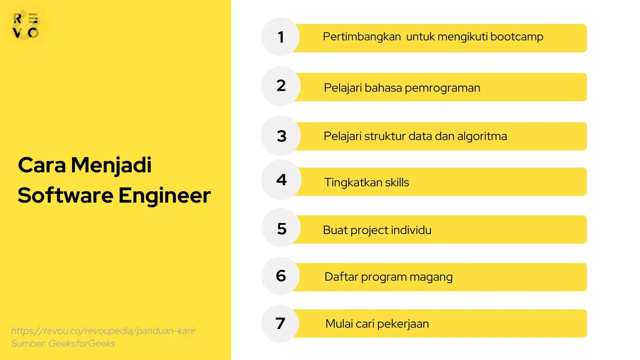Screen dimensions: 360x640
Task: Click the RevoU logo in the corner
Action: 26,26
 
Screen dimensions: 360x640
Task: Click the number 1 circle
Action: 281,37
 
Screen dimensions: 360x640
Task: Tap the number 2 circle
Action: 281,86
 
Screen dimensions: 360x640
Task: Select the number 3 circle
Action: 281,136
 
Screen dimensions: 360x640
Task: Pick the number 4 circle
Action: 281,180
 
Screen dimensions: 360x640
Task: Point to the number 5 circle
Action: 282,228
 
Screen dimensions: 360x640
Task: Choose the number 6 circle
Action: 281,276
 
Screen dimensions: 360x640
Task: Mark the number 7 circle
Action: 280,324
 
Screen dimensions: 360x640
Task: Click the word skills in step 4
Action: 397,183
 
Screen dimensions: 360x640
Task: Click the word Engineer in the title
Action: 164,196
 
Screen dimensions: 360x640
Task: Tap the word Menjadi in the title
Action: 111,166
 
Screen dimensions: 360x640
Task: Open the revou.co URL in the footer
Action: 103,331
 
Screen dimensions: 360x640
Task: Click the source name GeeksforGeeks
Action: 82,344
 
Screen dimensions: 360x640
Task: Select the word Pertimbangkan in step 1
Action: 362,37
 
